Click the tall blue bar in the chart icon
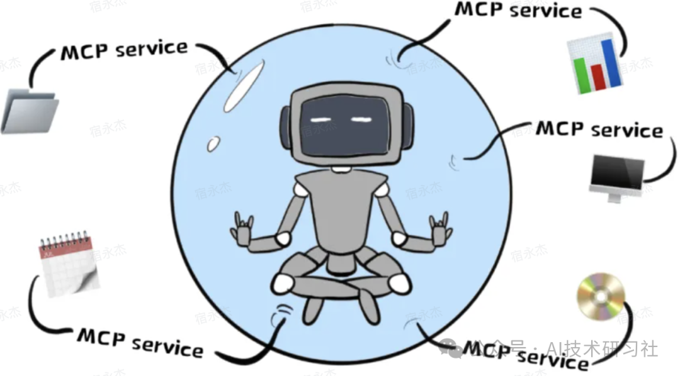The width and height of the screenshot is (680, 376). point(608,62)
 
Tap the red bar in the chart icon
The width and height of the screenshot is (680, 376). point(596,75)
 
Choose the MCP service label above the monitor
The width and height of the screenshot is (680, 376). point(599,130)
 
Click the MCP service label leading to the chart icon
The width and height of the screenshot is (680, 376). point(518,11)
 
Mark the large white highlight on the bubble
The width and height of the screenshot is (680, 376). point(243,89)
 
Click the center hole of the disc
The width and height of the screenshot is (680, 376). point(601,296)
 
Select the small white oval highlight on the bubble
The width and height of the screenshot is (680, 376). point(214,143)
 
